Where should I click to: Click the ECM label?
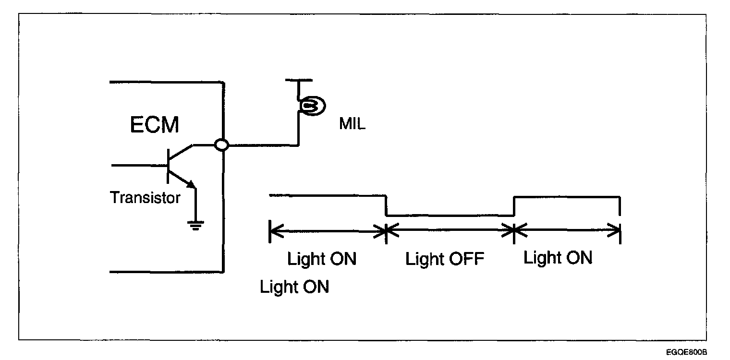coord(155,125)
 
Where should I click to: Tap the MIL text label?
coord(352,124)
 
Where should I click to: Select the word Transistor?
coord(146,197)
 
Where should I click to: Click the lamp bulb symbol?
coord(310,105)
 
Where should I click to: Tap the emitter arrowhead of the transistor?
coord(191,184)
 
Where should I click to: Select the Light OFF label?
coord(445,260)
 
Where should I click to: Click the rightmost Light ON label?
coord(558,258)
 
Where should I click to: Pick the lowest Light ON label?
coord(294,287)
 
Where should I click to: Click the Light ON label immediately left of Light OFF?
coord(322,259)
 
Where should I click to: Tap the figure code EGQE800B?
coord(686,352)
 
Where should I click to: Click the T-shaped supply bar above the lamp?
coord(298,80)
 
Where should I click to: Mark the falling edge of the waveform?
coord(386,206)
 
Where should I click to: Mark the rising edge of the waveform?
coord(514,206)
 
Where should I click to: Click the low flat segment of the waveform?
coord(450,216)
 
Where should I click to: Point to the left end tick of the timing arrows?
coord(270,231)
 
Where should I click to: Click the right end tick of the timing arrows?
coord(620,231)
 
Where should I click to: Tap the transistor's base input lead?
coord(139,165)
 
